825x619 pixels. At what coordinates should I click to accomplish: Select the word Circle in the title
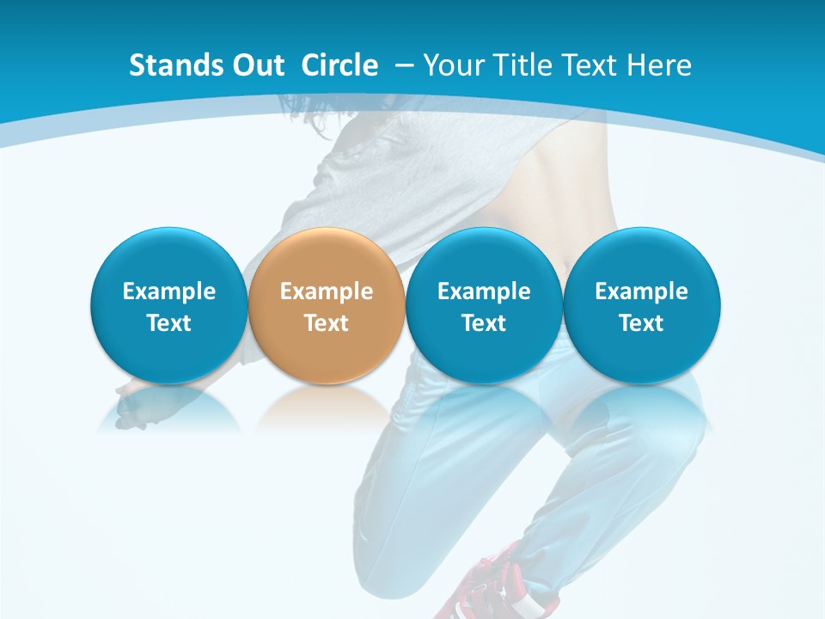[339, 65]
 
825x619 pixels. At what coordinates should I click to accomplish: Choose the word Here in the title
[657, 65]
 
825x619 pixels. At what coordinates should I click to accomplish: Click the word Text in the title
[590, 65]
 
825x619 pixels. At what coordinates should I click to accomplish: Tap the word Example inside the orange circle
[327, 291]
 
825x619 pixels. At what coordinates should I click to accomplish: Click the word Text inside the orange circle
[327, 323]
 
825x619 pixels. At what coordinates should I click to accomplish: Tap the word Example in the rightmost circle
[641, 291]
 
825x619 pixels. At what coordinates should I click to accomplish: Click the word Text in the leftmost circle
[169, 323]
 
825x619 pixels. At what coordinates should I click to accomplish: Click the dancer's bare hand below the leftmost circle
[133, 404]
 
